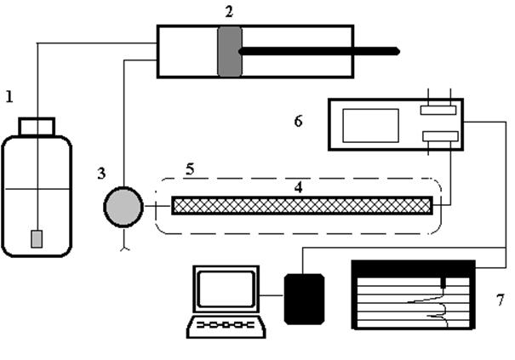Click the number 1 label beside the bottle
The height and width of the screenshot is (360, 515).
[x=10, y=97]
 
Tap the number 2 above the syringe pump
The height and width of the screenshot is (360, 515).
[x=229, y=12]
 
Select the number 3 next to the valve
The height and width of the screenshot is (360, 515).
[x=102, y=173]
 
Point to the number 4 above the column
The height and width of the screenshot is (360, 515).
[x=298, y=187]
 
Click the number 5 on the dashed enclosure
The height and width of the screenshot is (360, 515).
[x=190, y=169]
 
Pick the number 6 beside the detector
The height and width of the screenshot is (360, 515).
[x=298, y=121]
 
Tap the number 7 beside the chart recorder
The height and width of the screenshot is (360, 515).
[x=500, y=300]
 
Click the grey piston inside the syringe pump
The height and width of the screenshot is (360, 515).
[x=230, y=52]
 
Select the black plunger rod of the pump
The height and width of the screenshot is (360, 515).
[x=319, y=51]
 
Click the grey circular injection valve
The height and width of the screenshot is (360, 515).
[x=123, y=207]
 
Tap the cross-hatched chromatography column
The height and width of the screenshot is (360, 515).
[x=302, y=206]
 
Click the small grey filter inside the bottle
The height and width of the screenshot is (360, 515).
[x=37, y=239]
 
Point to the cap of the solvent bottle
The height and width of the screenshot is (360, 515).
[x=37, y=127]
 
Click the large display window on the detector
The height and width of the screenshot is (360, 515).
[x=371, y=125]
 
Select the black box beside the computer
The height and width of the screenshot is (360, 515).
[x=304, y=300]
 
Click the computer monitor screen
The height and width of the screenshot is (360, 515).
[x=226, y=289]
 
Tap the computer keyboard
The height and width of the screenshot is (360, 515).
[x=226, y=327]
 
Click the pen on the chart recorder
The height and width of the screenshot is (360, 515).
[x=443, y=283]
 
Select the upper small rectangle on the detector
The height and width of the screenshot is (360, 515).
[x=438, y=110]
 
